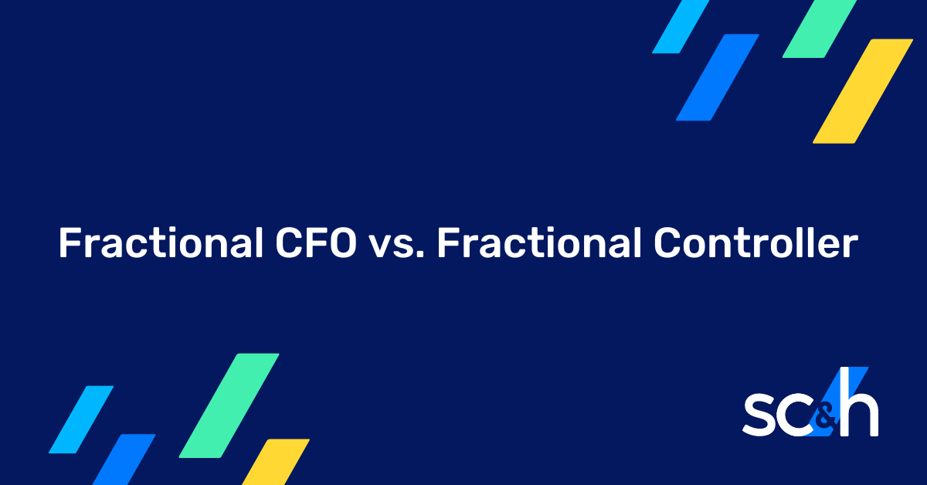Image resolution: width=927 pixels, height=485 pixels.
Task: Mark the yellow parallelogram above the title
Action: click(x=863, y=91)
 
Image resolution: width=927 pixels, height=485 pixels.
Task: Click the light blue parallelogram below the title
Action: click(x=81, y=419)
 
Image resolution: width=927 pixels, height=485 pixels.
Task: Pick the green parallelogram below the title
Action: click(x=229, y=405)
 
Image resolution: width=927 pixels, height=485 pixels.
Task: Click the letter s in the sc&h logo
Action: click(x=760, y=418)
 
